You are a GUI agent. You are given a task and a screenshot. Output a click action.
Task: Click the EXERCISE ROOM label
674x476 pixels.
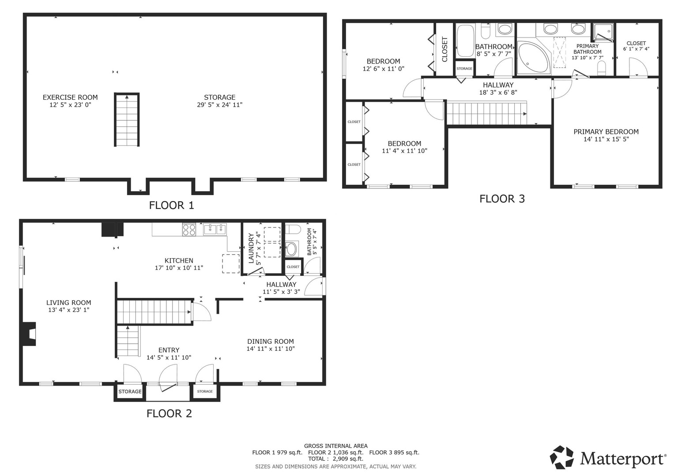(70, 97)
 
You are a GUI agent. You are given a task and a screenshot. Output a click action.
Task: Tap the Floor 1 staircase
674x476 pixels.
(127, 119)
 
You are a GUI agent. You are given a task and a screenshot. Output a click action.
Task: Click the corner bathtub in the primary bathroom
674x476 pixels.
(534, 58)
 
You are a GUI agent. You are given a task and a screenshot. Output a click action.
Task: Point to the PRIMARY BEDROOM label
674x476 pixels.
(606, 132)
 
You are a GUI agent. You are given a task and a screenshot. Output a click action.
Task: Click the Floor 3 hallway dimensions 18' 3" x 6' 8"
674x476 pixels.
(498, 93)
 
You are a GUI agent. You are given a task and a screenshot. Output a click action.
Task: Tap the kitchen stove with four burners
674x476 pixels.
(189, 230)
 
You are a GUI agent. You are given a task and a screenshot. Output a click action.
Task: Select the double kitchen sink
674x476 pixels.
(215, 229)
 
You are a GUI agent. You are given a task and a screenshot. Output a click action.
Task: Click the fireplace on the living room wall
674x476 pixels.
(28, 334)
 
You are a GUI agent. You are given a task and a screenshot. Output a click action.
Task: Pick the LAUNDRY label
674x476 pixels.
(251, 248)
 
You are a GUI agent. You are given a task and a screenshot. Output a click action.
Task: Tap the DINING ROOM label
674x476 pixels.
(271, 342)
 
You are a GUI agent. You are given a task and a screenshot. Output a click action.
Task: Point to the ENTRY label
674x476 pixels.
(169, 350)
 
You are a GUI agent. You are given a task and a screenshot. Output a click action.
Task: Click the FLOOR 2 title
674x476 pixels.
(169, 413)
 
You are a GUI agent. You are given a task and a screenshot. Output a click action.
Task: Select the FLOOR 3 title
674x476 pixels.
(502, 199)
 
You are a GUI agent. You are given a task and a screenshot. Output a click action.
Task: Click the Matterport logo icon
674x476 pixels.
(562, 457)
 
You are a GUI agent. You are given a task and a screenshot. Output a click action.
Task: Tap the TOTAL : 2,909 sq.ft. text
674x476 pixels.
(335, 459)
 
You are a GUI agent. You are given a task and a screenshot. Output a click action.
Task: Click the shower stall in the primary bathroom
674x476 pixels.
(603, 32)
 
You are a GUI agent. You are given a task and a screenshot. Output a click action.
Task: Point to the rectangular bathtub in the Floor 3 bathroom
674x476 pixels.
(465, 41)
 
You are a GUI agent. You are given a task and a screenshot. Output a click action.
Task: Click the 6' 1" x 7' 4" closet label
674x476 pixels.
(636, 49)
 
